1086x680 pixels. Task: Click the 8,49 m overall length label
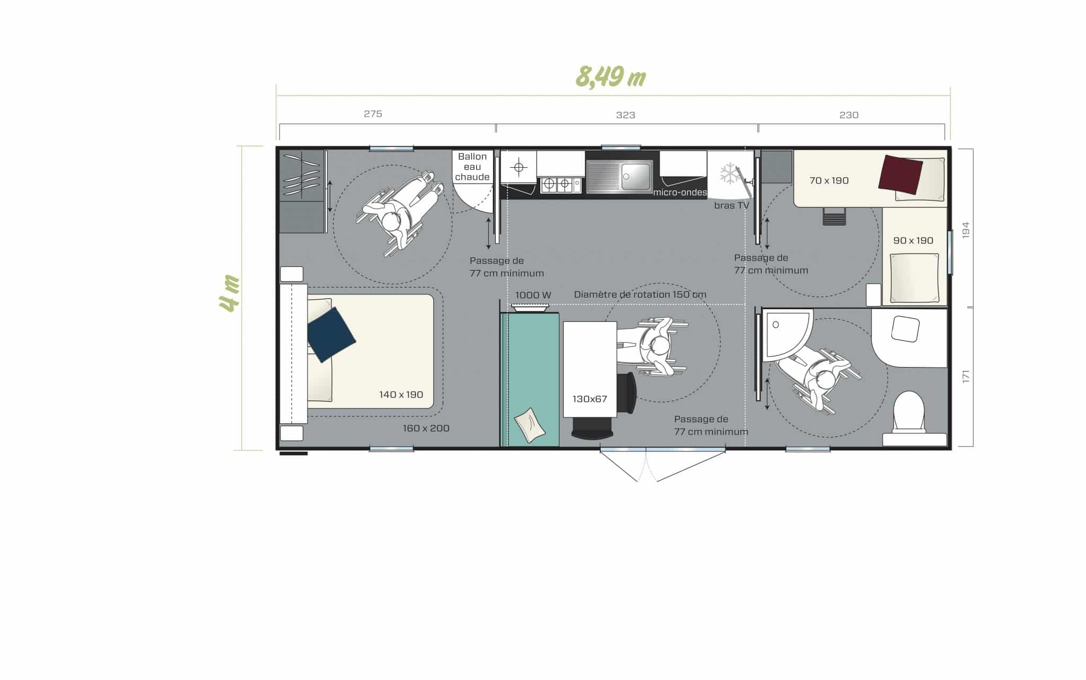[x=610, y=77]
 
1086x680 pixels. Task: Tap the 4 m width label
[x=230, y=293]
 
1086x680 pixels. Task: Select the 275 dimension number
[x=373, y=114]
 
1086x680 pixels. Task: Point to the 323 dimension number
[x=625, y=115]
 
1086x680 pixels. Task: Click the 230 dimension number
[x=848, y=115]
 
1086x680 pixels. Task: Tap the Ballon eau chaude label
[x=472, y=167]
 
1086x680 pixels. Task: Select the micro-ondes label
[x=680, y=192]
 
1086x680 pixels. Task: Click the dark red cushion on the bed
[x=900, y=174]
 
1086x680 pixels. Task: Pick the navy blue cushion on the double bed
[x=331, y=334]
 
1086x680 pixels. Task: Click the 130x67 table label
[x=589, y=399]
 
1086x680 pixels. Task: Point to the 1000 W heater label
[x=533, y=295]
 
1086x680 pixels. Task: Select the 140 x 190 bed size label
[x=401, y=394]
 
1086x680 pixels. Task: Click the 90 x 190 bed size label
[x=913, y=240]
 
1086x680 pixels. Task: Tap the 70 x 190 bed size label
[x=829, y=180]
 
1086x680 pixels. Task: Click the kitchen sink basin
[x=635, y=176]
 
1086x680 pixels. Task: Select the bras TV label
[x=731, y=205]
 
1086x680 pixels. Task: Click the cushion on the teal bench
[x=529, y=425]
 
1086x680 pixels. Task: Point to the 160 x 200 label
[x=426, y=428]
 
